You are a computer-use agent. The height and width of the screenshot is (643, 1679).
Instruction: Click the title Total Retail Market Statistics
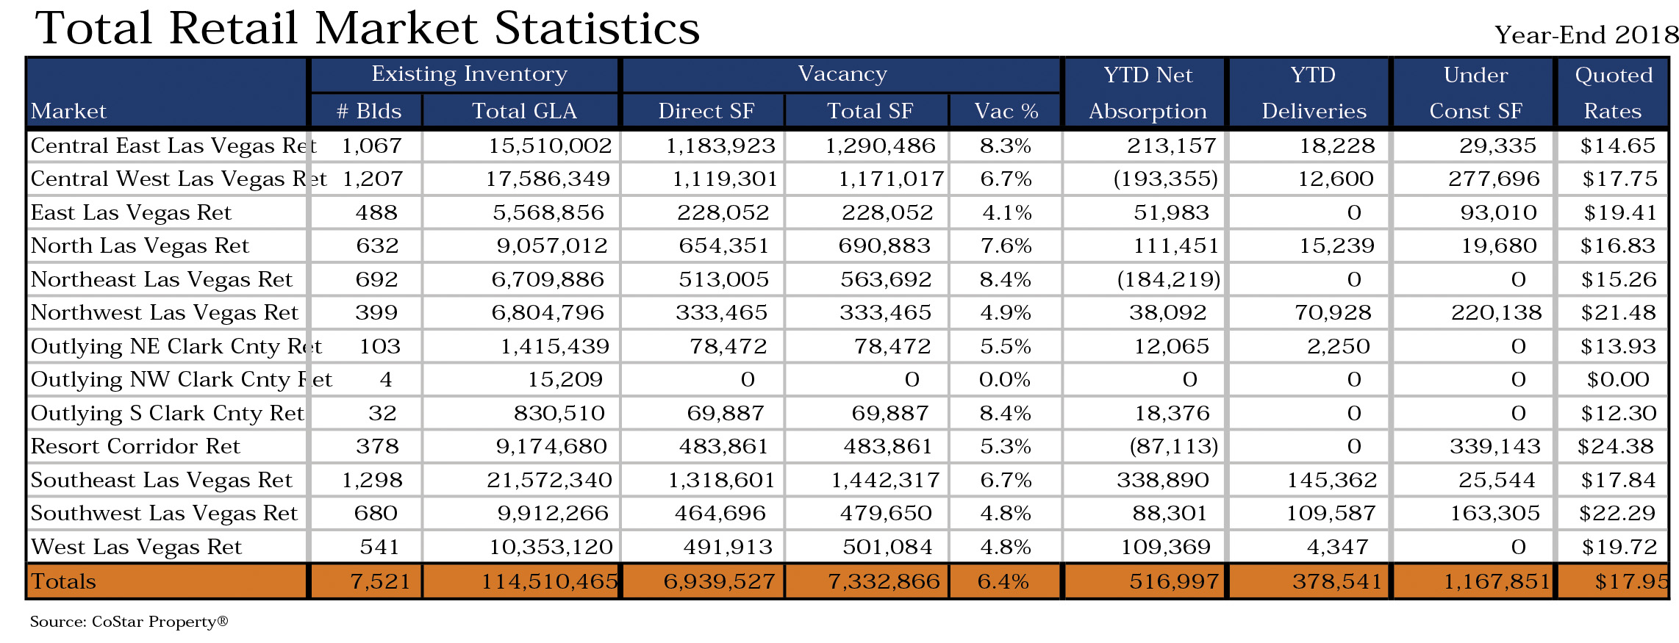coord(368,28)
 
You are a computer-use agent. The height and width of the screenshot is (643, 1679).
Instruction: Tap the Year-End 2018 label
coord(1586,35)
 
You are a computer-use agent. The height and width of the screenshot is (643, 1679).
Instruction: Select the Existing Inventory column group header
coord(469,73)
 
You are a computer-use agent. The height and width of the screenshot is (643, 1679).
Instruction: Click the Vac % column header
coord(1006,111)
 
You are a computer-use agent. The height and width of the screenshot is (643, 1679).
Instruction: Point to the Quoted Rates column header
coord(1613,93)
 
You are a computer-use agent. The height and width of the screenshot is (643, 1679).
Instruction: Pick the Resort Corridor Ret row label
coord(135,446)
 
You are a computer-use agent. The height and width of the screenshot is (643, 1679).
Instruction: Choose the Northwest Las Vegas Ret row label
coord(165,313)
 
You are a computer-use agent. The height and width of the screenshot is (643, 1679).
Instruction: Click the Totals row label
coord(63,581)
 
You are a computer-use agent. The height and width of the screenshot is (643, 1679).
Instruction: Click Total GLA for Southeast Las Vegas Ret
coord(549,480)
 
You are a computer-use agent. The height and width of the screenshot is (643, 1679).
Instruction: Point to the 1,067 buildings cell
coord(372,146)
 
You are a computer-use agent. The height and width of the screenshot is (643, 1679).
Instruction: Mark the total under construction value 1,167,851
coord(1497,582)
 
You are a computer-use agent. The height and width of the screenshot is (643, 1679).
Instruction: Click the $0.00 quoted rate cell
coord(1618,379)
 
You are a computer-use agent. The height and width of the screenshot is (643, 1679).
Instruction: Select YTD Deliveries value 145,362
coord(1331,480)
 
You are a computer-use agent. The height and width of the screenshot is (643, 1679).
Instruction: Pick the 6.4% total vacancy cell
coord(1003,582)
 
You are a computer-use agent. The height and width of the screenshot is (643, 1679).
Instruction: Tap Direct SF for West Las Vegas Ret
coord(728,547)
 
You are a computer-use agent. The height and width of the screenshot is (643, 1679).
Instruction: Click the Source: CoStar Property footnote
coord(129,622)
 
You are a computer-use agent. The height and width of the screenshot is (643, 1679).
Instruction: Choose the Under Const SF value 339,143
coord(1495,446)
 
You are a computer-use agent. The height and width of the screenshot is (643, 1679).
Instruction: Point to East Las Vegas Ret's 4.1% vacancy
coord(1007,212)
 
